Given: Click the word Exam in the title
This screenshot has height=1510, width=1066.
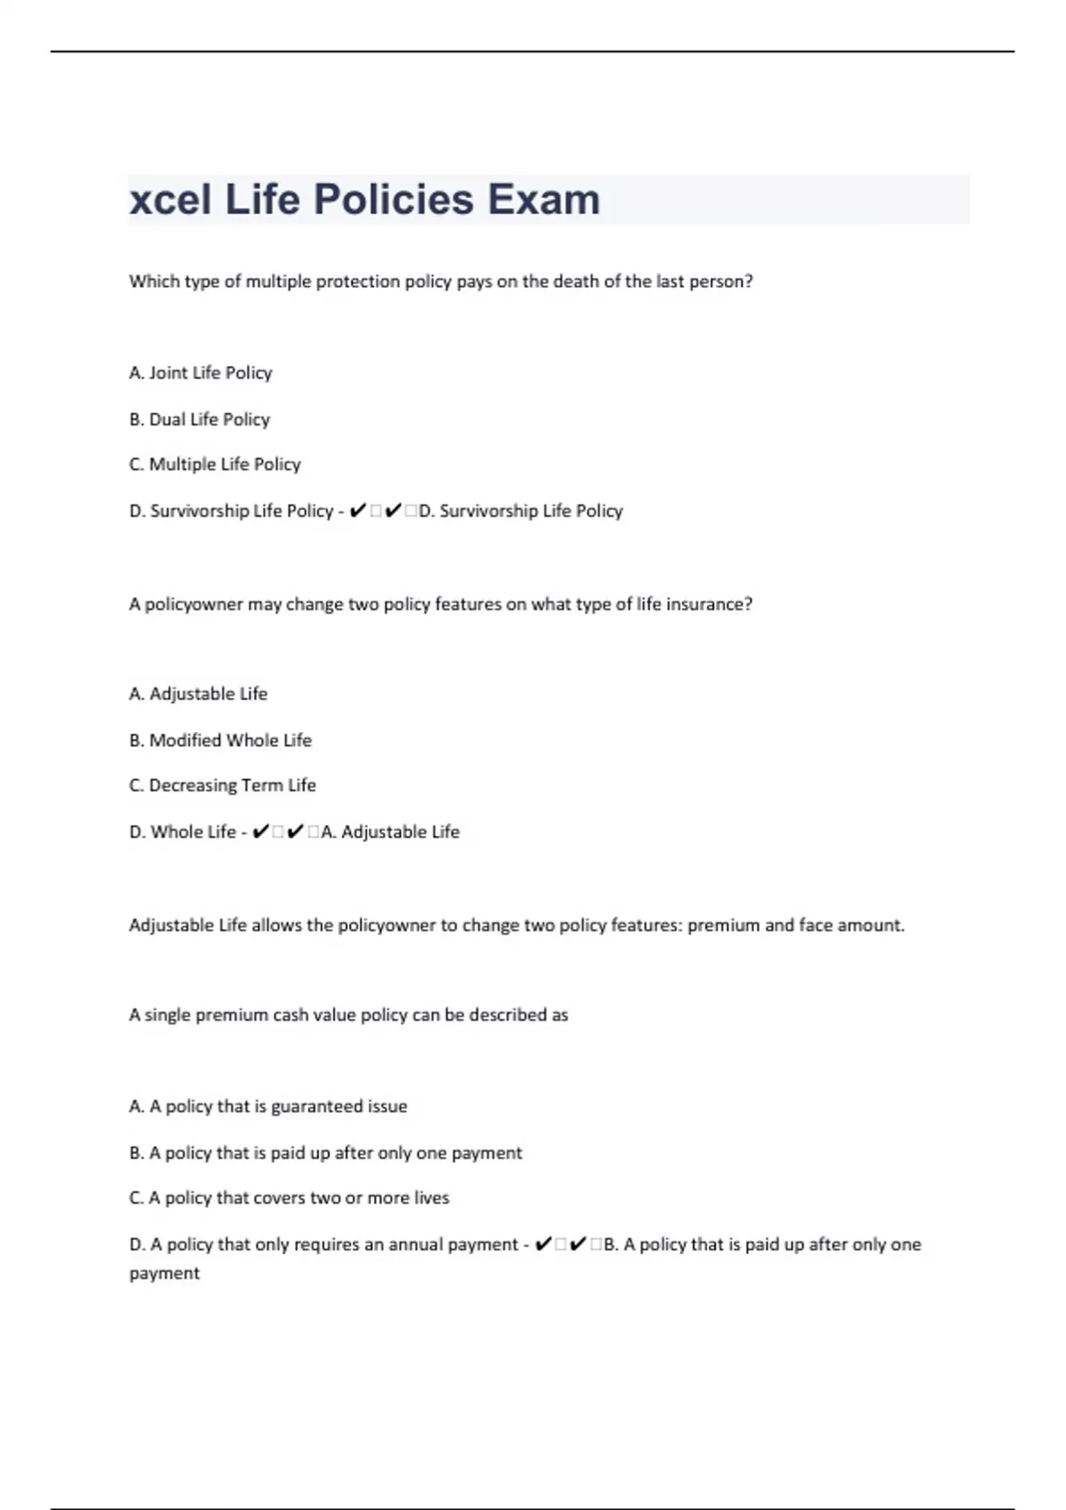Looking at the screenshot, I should [544, 199].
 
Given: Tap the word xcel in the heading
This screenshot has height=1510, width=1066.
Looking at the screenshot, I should [170, 199].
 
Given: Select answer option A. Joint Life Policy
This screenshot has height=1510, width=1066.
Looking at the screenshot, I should [201, 373].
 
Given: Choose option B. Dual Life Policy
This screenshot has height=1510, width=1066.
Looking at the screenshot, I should [200, 419].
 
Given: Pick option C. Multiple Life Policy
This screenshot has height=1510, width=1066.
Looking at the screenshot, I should [215, 465].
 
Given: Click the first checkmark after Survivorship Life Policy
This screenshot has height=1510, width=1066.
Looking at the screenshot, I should [358, 511].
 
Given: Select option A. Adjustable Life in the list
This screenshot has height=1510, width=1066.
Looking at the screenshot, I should [198, 694].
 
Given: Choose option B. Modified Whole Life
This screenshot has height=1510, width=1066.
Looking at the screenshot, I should [220, 740].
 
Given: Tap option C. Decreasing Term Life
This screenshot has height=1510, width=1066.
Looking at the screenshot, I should [222, 785].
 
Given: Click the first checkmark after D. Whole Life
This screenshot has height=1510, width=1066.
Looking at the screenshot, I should [260, 832].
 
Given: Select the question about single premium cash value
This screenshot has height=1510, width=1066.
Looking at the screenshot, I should [348, 1015].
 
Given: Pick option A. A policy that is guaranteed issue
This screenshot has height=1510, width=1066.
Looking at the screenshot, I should [268, 1107].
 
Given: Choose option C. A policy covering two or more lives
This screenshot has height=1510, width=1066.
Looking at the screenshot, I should [289, 1198].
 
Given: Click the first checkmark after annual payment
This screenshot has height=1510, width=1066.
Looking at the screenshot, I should [544, 1244].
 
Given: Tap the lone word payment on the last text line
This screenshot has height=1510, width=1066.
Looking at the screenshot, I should [164, 1274].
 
